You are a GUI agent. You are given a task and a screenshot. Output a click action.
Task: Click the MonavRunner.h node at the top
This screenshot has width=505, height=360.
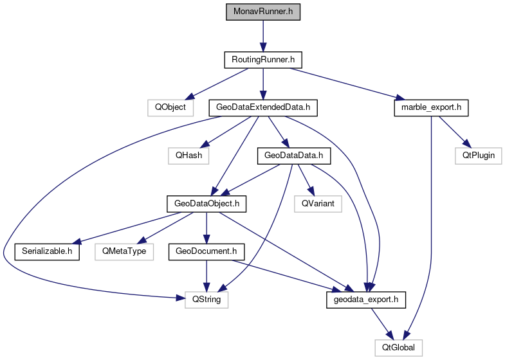pos(263,12)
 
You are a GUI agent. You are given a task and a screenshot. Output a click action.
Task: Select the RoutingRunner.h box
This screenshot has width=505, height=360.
pos(263,60)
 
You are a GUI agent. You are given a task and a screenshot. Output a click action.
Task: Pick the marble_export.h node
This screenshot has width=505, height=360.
pos(430,107)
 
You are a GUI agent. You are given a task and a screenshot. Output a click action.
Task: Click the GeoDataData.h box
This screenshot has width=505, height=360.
pos(293,155)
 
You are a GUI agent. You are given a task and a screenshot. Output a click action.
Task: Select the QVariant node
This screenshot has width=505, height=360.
pos(318,203)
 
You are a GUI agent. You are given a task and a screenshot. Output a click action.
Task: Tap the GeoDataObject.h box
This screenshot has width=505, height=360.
pos(207,203)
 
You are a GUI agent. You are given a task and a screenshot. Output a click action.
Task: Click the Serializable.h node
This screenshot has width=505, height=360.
pos(47,251)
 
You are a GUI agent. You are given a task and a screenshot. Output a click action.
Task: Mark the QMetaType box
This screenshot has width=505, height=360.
pos(125,251)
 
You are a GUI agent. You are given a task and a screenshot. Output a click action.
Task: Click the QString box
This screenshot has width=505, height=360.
pos(207,300)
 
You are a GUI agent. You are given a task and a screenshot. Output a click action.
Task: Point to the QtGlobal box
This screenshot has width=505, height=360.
pos(399,348)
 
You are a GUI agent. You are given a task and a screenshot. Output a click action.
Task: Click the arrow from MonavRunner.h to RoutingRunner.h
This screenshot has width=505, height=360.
pos(263,36)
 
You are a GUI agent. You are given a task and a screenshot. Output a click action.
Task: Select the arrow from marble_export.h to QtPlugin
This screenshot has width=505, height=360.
pos(454,131)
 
